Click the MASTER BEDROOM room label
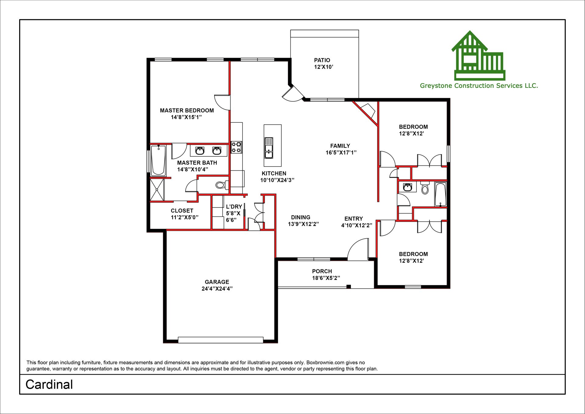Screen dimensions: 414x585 [187, 110]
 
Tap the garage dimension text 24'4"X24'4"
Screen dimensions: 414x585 [217, 289]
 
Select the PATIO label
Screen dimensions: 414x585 [322, 60]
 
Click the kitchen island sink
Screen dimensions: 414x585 [269, 148]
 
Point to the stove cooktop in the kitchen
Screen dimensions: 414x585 [236, 147]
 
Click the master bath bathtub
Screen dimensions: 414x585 [158, 160]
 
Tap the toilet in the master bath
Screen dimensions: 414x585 [222, 185]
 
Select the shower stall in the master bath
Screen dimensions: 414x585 [157, 190]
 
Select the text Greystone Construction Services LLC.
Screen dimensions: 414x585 [479, 86]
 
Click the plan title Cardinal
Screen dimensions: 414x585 [49, 384]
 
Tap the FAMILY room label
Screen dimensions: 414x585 [340, 146]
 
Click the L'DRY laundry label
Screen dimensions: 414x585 [234, 207]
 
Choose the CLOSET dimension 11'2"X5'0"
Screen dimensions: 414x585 [184, 217]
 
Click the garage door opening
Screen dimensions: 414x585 [221, 340]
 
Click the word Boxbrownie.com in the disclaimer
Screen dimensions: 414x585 [325, 362]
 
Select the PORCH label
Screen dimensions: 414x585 [322, 271]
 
